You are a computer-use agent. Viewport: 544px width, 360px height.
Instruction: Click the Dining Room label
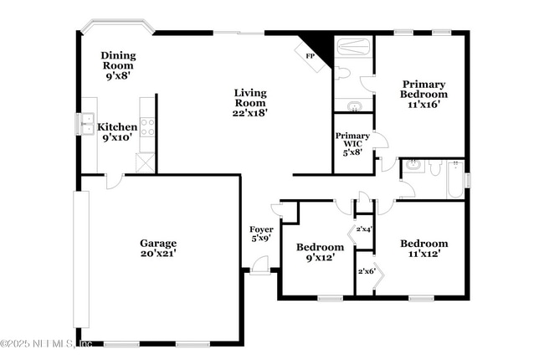[119, 65]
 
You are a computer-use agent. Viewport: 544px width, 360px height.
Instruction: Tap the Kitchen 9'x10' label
[117, 132]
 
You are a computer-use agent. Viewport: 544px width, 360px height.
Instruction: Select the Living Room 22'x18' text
[250, 103]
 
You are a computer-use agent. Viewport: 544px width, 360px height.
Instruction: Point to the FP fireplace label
[309, 55]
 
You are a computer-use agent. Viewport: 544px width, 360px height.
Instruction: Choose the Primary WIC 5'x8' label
[352, 144]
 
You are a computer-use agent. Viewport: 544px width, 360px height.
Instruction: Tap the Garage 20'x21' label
[157, 248]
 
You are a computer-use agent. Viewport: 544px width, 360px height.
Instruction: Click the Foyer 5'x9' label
[261, 234]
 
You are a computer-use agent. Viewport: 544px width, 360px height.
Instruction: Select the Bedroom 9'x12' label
[320, 253]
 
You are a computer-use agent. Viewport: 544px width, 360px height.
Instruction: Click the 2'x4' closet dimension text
[364, 229]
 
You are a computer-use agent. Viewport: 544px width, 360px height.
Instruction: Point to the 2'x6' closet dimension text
[366, 270]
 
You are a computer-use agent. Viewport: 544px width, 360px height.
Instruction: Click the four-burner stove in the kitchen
[147, 127]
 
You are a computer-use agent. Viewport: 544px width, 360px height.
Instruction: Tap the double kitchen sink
[86, 124]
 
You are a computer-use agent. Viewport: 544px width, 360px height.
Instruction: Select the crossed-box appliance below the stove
[146, 162]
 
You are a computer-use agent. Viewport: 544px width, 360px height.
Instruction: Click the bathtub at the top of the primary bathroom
[353, 47]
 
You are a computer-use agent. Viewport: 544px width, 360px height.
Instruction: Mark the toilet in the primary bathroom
[342, 74]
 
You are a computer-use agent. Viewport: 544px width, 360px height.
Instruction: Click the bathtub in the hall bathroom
[454, 179]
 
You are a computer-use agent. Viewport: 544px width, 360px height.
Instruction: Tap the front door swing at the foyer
[259, 265]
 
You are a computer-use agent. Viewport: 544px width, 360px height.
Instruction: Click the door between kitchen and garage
[115, 179]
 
